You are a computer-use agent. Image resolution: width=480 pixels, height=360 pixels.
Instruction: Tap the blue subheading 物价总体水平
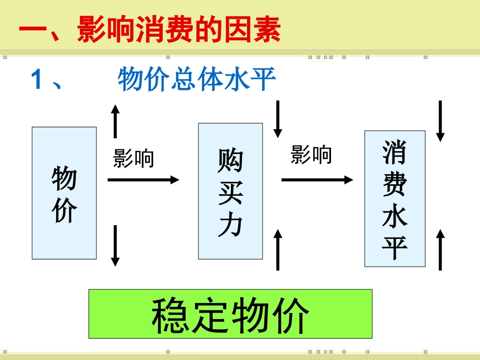click(x=197, y=80)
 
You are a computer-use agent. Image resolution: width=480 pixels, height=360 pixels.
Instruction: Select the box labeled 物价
click(x=64, y=193)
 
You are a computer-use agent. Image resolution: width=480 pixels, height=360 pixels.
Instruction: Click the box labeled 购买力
click(x=230, y=191)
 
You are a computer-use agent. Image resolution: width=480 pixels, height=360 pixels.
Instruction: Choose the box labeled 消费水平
click(x=395, y=198)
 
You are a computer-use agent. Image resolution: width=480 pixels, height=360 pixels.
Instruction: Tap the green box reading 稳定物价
click(x=230, y=314)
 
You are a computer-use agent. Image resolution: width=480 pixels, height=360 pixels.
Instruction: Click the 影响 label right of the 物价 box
click(x=133, y=159)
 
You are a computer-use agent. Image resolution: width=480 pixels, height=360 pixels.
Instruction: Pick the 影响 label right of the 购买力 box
click(x=311, y=155)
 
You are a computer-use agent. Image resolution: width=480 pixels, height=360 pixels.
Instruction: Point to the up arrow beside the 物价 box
click(x=115, y=121)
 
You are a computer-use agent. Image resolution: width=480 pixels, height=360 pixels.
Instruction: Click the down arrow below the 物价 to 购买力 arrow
click(x=115, y=245)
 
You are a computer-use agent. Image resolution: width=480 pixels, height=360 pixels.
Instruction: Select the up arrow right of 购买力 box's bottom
click(x=277, y=249)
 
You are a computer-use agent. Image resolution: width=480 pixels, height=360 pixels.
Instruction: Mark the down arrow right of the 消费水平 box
click(x=440, y=121)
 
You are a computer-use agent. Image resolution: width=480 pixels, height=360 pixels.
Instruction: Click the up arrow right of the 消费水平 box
click(x=440, y=249)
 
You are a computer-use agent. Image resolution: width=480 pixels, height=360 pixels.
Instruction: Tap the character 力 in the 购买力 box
click(x=230, y=226)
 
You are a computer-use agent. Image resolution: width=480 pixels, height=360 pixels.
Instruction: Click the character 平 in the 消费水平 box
click(x=395, y=247)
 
